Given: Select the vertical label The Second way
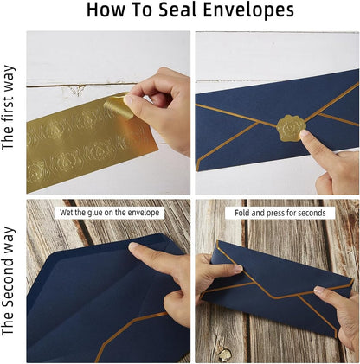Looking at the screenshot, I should [x=10, y=282].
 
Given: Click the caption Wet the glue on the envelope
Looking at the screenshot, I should [x=107, y=212].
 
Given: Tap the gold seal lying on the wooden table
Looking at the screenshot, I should [x=224, y=355].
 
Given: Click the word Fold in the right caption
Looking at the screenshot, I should [x=242, y=212].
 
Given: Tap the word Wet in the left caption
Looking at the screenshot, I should [x=67, y=212].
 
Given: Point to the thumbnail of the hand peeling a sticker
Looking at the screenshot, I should [x=108, y=112].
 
